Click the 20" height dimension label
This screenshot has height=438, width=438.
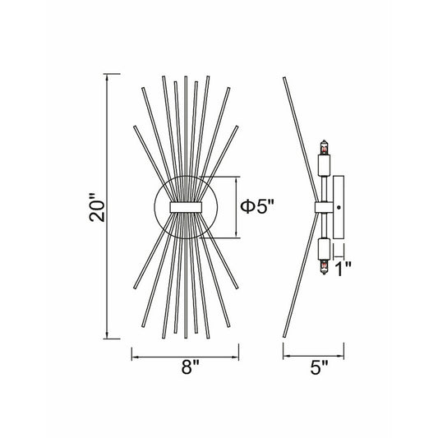97,207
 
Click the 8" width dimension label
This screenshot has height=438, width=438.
190,367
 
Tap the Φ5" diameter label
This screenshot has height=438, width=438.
257,207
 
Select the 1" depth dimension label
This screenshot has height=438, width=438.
343,269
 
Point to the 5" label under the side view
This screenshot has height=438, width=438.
319,367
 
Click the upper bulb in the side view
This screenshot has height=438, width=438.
324,147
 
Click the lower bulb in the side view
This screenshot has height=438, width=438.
324,267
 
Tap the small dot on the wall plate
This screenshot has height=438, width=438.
339,207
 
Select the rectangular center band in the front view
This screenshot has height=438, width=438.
186,207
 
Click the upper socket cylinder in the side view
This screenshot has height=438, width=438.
325,165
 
